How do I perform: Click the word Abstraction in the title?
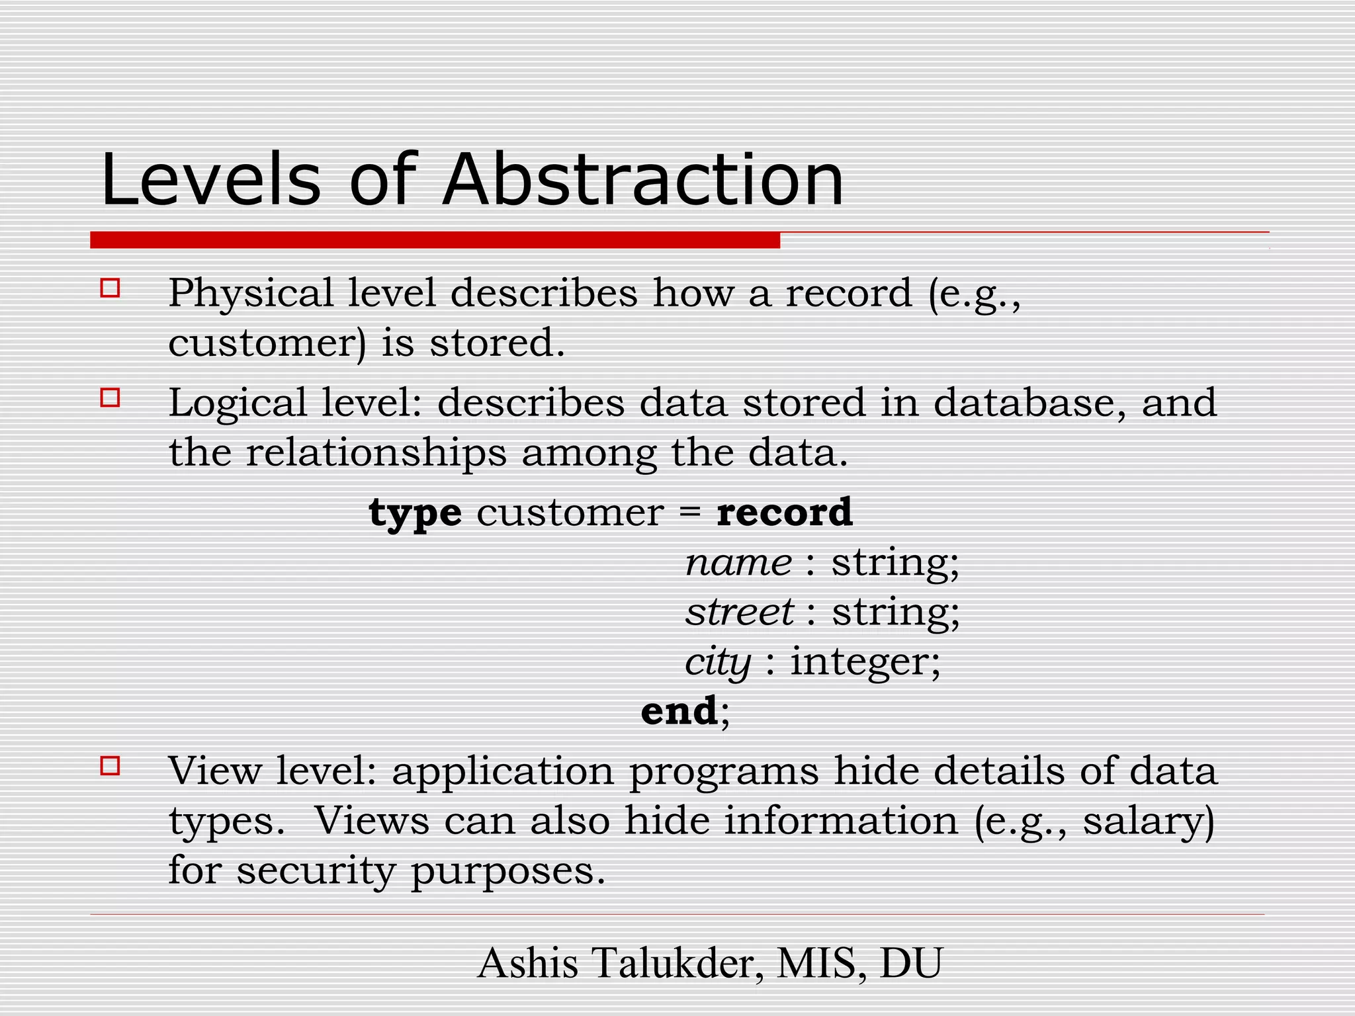(643, 180)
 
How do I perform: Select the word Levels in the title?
(211, 180)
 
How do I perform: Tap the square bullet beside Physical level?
(110, 288)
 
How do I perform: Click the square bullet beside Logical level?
(110, 398)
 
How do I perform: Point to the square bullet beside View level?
(110, 766)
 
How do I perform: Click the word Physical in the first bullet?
(251, 294)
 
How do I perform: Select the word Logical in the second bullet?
(238, 403)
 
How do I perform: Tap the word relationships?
(376, 453)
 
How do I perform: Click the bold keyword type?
(415, 513)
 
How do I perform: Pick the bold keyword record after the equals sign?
(785, 512)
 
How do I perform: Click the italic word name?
(738, 563)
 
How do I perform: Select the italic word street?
(739, 612)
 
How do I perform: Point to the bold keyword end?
(679, 711)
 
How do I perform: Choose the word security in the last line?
(316, 871)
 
